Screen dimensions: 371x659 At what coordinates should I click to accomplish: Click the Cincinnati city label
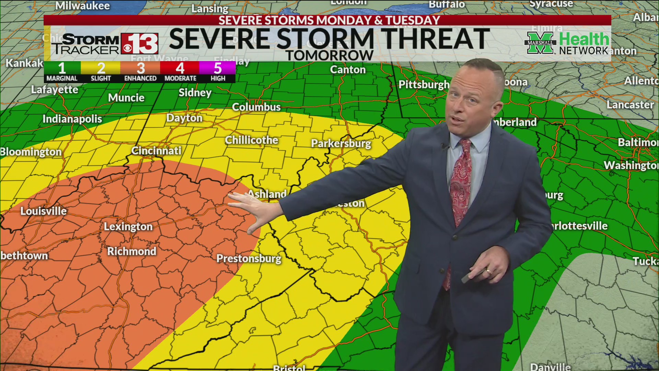pyautogui.click(x=156, y=150)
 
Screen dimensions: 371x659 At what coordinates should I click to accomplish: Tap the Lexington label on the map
pyautogui.click(x=128, y=226)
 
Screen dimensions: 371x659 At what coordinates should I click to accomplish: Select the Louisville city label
pyautogui.click(x=43, y=211)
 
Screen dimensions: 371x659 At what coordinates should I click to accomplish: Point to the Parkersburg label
pyautogui.click(x=341, y=143)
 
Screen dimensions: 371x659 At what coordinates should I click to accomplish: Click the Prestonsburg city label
pyautogui.click(x=248, y=258)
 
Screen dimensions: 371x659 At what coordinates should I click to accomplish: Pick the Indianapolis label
pyautogui.click(x=72, y=119)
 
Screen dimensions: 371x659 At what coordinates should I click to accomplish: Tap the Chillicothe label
pyautogui.click(x=251, y=140)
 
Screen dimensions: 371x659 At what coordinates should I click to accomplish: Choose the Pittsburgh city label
pyautogui.click(x=424, y=85)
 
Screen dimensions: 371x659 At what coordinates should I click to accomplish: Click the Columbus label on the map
pyautogui.click(x=256, y=107)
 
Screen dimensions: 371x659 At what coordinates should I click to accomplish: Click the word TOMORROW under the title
pyautogui.click(x=329, y=55)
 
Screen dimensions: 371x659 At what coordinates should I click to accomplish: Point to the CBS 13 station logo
pyautogui.click(x=139, y=44)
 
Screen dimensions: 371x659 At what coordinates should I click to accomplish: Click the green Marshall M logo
pyautogui.click(x=540, y=43)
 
